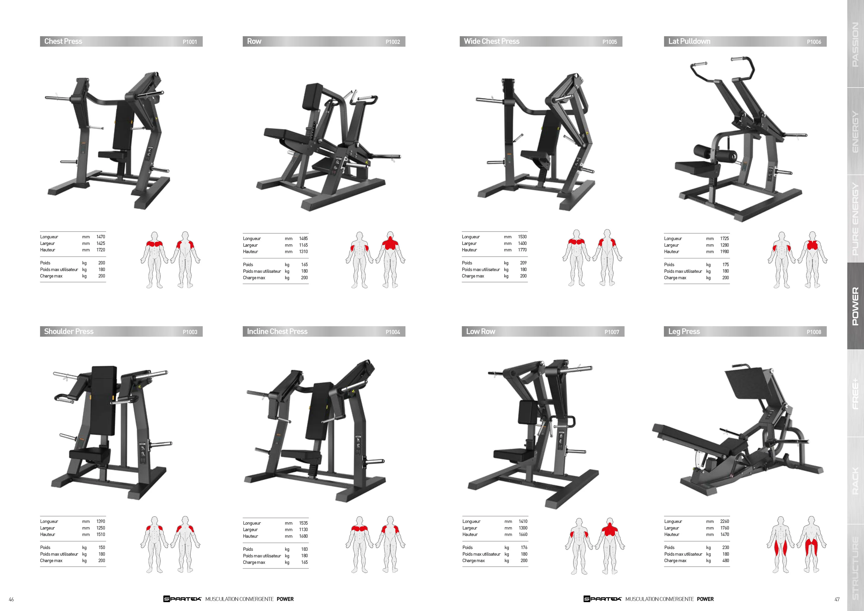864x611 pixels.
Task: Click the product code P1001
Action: click(x=190, y=42)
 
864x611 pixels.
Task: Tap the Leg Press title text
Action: click(x=684, y=331)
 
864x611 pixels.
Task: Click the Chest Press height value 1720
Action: click(x=101, y=250)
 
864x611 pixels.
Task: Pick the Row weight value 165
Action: click(x=304, y=265)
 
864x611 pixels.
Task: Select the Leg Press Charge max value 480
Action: click(x=725, y=561)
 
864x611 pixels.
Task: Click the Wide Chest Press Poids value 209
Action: click(x=523, y=263)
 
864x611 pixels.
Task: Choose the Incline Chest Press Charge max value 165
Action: click(x=304, y=562)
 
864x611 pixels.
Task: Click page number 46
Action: click(x=11, y=599)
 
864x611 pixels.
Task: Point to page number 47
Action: click(x=837, y=599)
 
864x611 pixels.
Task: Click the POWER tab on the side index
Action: click(x=855, y=306)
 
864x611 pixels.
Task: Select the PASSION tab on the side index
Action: click(x=855, y=44)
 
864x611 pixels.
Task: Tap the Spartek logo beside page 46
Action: click(x=183, y=599)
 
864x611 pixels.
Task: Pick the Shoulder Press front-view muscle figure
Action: click(x=154, y=544)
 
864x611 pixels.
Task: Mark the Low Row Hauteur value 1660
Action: click(x=523, y=535)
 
